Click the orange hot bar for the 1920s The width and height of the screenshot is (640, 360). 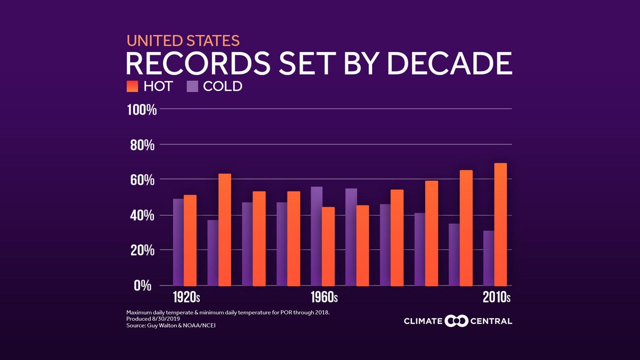(x=190, y=240)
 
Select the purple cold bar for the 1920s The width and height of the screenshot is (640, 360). (x=178, y=242)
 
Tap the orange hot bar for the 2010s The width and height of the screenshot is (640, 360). (x=500, y=224)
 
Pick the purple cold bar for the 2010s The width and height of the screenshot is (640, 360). (x=488, y=258)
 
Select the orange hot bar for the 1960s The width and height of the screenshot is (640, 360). (x=328, y=247)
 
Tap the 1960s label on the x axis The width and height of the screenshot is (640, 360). (x=324, y=298)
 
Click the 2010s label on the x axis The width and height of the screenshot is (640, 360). (x=496, y=298)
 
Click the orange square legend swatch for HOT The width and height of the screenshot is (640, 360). (x=133, y=86)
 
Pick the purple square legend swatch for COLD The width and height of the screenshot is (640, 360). (x=192, y=86)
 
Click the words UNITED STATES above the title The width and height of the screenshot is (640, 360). (x=183, y=41)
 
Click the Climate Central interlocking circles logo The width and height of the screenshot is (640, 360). (x=456, y=321)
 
